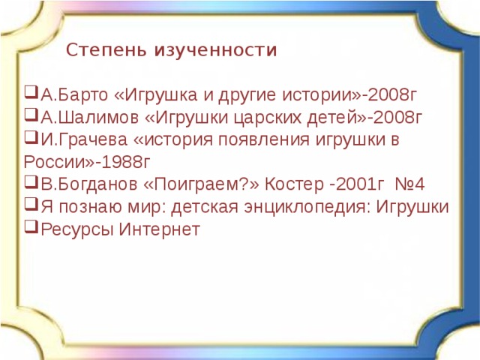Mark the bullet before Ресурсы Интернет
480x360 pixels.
[29, 227]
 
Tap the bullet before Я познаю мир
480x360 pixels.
[29, 205]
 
